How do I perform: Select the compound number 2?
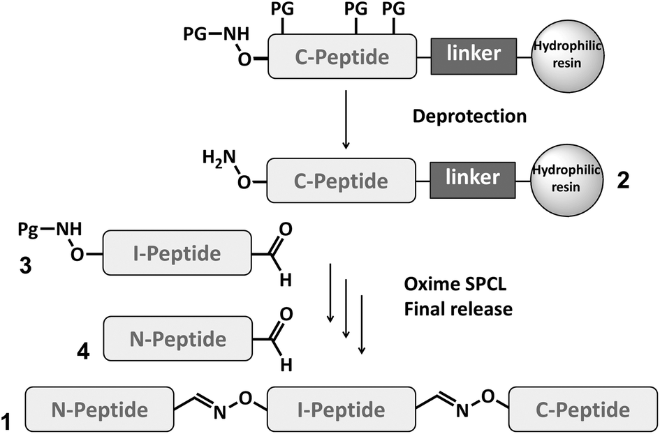[x=623, y=181]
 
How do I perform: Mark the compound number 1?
[x=7, y=421]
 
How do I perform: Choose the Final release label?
[x=458, y=308]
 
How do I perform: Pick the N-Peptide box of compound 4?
[x=177, y=339]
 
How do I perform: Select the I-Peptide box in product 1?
[x=337, y=408]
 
